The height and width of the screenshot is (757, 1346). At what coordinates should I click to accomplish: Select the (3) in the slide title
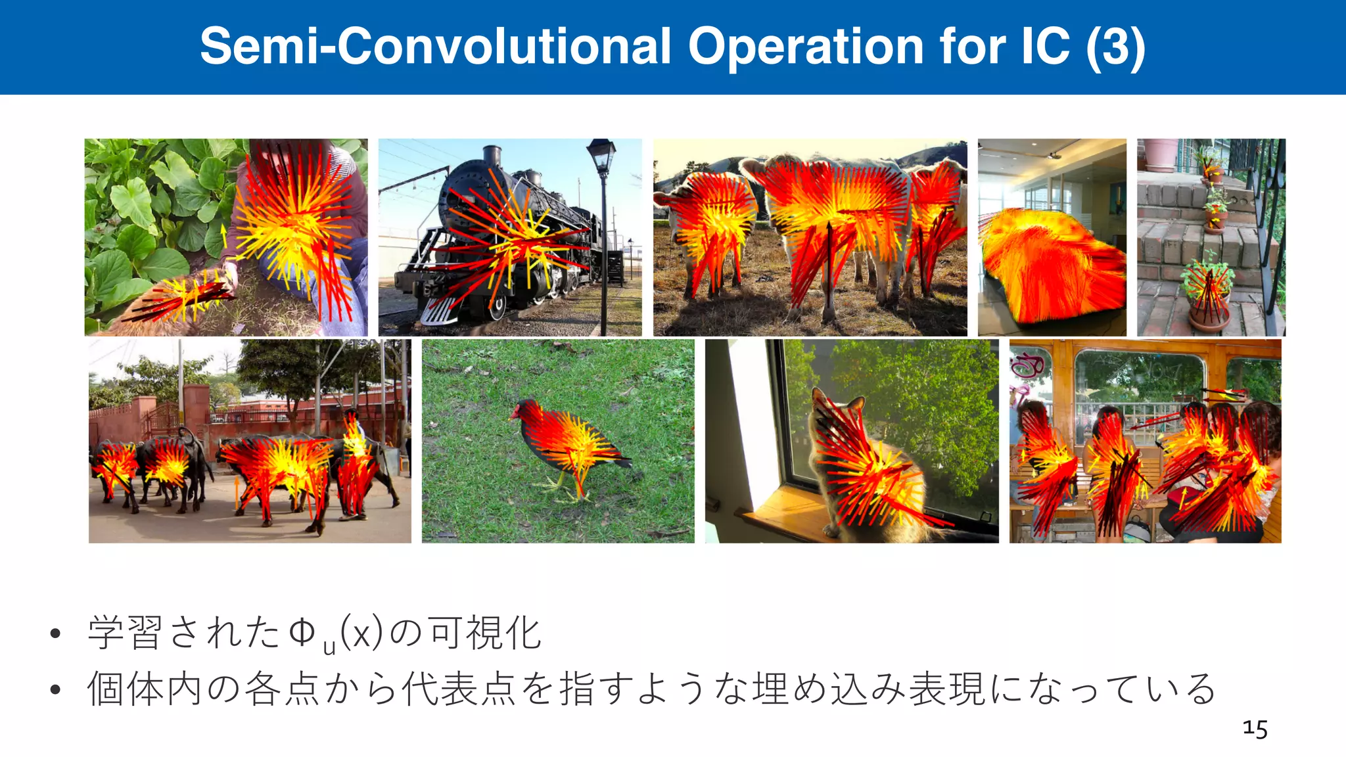tap(1115, 47)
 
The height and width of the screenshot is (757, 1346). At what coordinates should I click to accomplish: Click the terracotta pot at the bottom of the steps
tap(1208, 317)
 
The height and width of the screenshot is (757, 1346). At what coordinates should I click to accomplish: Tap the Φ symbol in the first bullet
tap(302, 633)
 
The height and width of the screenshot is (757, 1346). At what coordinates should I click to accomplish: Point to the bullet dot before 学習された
tap(55, 633)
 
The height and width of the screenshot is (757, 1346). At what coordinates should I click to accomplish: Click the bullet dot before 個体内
tap(55, 689)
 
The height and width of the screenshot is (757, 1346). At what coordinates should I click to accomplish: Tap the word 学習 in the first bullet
tap(125, 633)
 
